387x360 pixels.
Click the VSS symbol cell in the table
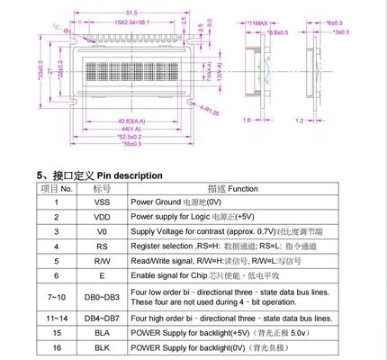coord(101,202)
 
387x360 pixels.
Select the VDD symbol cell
coord(101,217)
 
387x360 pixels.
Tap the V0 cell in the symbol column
coord(101,231)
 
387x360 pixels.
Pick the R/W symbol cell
coord(101,258)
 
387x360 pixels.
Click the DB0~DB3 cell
coord(101,295)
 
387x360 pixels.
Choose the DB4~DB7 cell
coord(101,319)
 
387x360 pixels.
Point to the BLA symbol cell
coord(101,333)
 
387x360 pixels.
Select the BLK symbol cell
coord(101,347)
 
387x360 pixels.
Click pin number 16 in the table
coord(56,347)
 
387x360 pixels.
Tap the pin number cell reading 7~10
coord(56,295)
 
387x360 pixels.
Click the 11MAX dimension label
coord(261,19)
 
